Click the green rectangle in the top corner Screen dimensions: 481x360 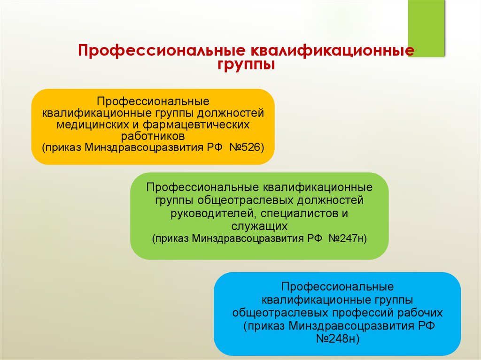tap(427, 28)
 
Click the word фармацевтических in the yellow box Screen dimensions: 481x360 tap(196, 125)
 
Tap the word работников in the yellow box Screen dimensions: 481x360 tap(153, 136)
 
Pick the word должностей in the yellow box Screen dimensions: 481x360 tap(230, 113)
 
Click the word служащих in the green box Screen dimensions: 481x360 tap(259, 226)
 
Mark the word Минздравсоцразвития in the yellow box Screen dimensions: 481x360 tap(144, 147)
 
